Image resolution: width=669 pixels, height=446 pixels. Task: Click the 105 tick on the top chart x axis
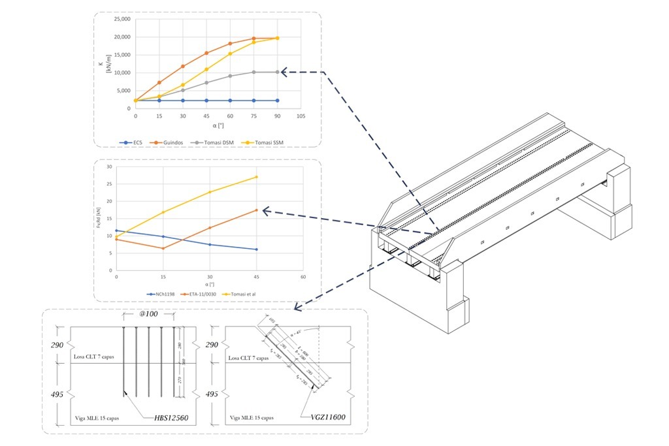(301, 116)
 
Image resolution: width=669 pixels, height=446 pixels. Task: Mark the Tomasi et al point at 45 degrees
(257, 177)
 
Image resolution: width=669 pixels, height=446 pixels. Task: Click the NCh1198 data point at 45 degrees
(257, 249)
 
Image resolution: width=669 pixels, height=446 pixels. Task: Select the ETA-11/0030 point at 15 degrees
(163, 248)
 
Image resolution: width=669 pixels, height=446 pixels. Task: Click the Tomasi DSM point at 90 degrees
(278, 72)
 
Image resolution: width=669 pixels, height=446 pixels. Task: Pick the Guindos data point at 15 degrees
(159, 82)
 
